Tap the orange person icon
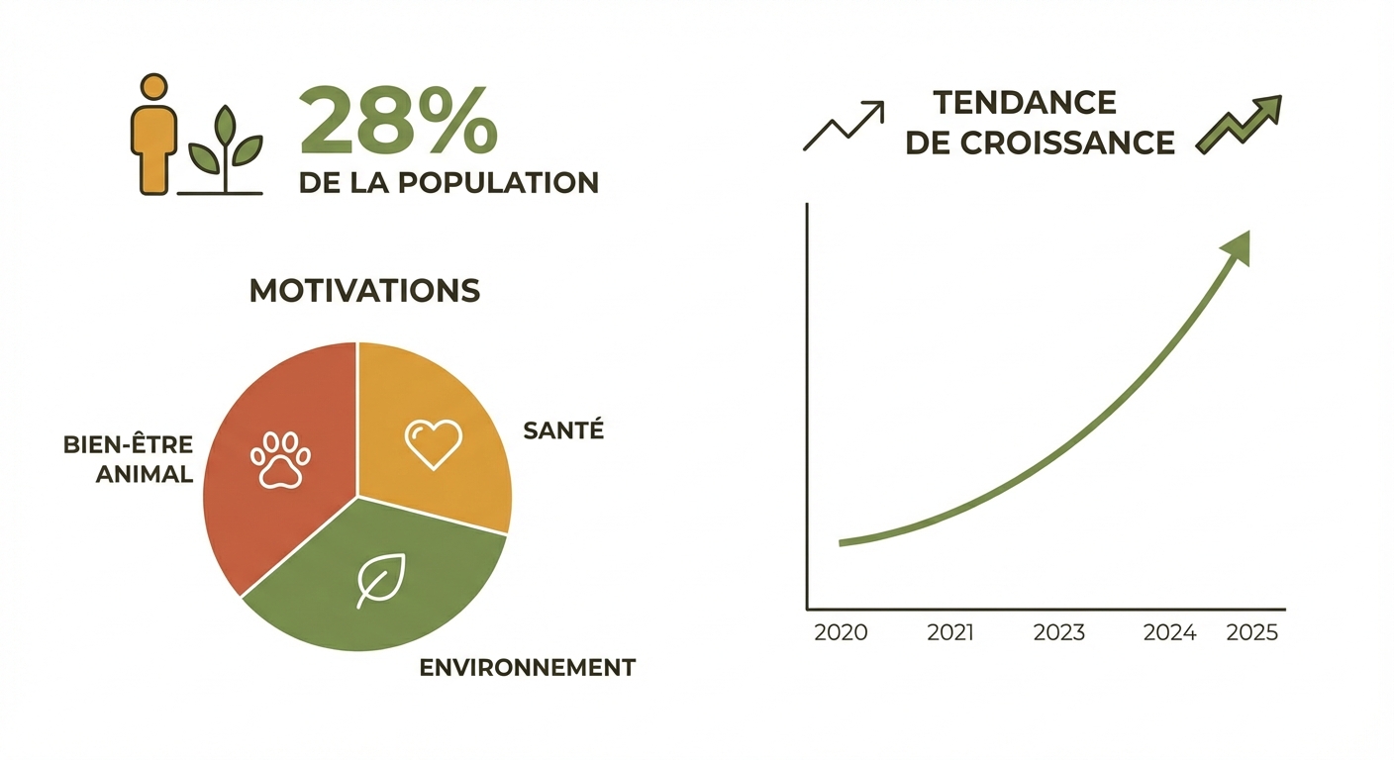(x=152, y=134)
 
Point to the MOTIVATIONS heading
(x=364, y=290)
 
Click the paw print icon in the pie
(x=280, y=458)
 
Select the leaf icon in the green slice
(x=381, y=579)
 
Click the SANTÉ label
(x=562, y=430)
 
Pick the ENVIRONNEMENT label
(x=527, y=667)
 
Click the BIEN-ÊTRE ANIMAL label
(x=129, y=459)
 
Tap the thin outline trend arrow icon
(x=844, y=125)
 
